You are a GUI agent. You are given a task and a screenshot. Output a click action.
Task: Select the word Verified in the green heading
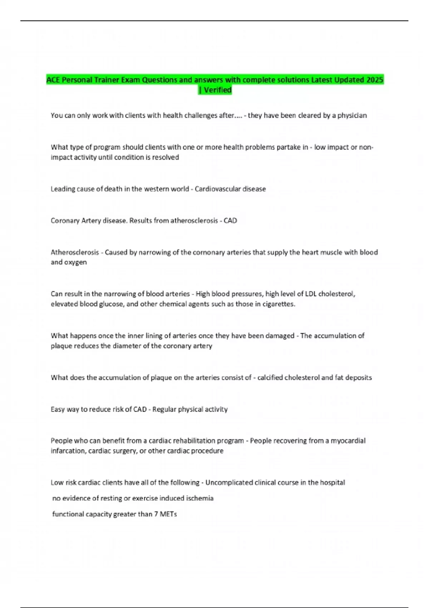pos(217,90)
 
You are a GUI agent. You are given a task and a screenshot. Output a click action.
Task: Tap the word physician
pos(352,116)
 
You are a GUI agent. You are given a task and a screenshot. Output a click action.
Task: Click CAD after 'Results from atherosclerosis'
pos(230,220)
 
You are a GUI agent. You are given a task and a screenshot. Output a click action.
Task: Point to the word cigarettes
pos(279,304)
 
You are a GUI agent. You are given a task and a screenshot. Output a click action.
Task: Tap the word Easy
pos(58,409)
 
